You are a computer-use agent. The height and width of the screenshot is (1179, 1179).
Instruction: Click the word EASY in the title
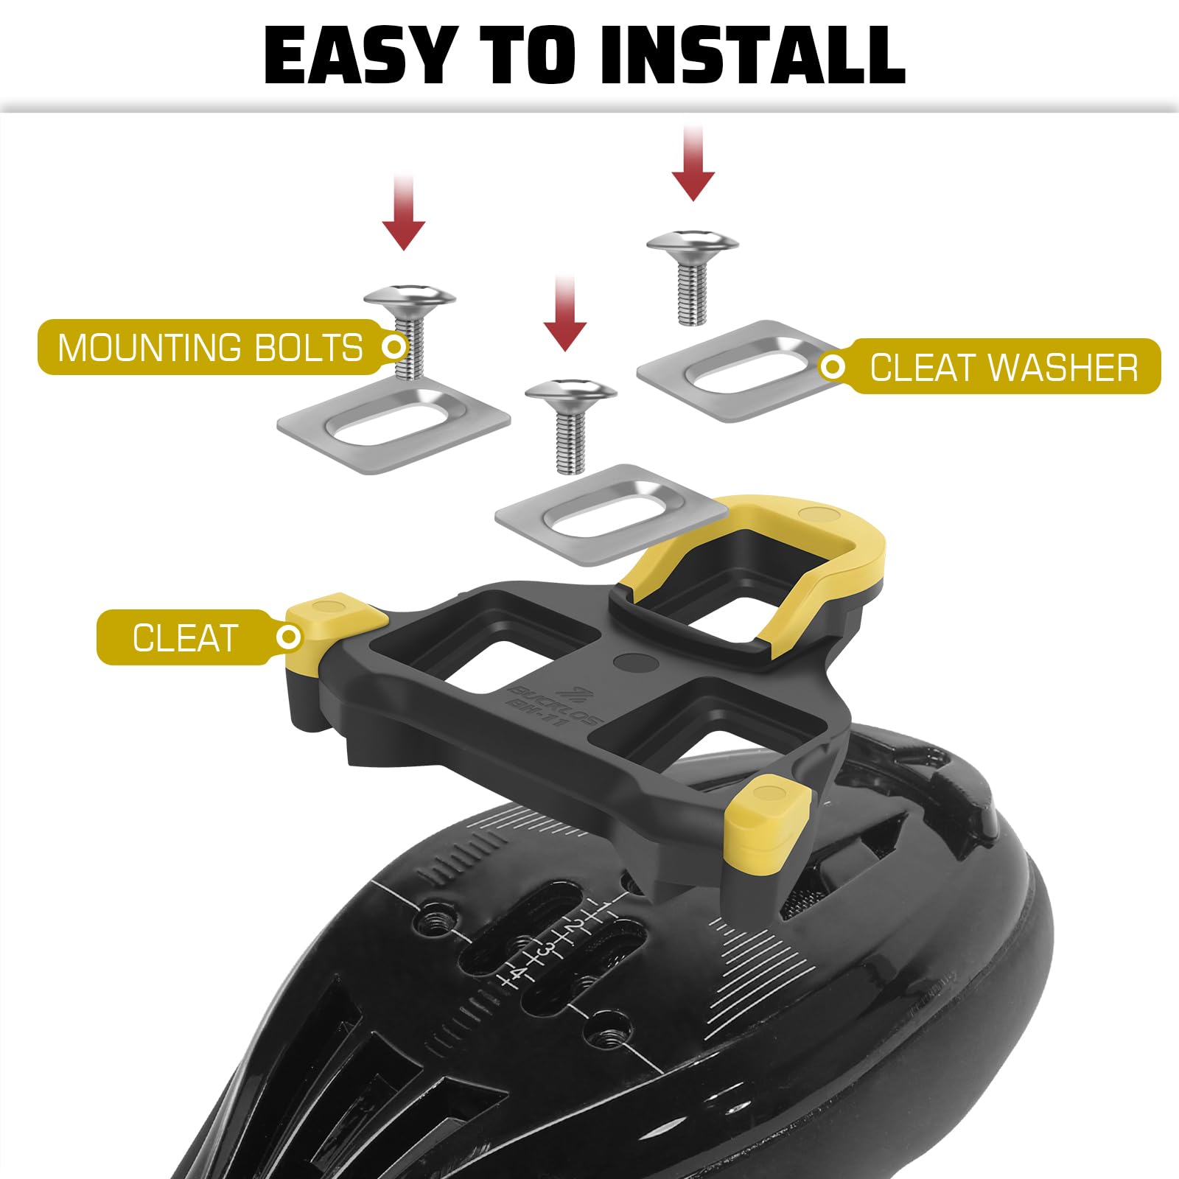pos(360,56)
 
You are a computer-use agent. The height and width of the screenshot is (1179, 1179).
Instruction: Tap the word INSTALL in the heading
pos(752,56)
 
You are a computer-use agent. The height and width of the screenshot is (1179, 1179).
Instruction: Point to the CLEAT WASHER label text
pos(1004,368)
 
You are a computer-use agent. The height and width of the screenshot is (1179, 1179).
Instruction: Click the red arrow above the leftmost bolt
pos(404,213)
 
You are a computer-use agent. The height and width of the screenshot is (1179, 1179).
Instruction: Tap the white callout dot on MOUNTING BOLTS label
pos(395,346)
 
